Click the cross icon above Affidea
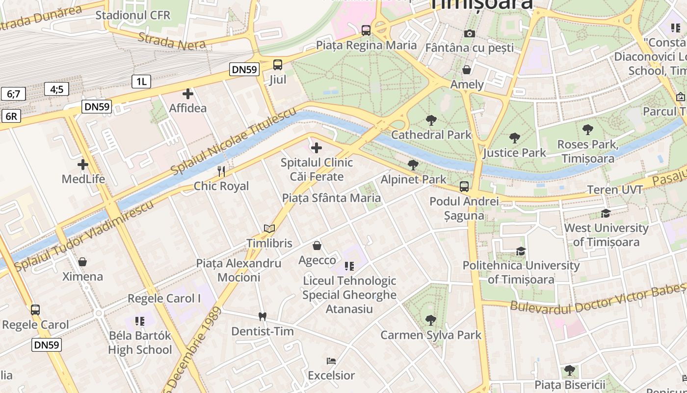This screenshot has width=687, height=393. click(x=187, y=93)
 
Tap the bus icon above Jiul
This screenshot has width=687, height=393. click(x=278, y=65)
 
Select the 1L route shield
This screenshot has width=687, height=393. click(x=141, y=81)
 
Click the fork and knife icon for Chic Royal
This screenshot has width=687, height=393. click(x=221, y=171)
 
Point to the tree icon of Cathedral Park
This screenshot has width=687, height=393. click(x=431, y=120)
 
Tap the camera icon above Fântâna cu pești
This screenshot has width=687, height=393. click(x=470, y=33)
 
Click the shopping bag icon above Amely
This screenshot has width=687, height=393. click(x=467, y=70)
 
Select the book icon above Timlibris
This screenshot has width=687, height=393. click(x=269, y=228)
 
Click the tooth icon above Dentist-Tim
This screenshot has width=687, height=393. click(x=262, y=317)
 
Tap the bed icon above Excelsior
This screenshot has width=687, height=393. click(x=331, y=361)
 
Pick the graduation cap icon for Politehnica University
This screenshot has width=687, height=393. click(x=521, y=252)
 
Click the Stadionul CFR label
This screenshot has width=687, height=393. click(x=132, y=15)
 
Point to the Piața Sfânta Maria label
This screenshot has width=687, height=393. click(x=331, y=198)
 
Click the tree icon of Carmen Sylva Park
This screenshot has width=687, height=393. click(x=431, y=320)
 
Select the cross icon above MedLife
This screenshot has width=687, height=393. click(x=83, y=165)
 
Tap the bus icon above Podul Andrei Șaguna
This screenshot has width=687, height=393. click(x=464, y=187)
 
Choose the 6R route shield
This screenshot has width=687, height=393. click(x=11, y=116)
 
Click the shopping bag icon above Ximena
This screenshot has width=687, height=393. click(x=82, y=262)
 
